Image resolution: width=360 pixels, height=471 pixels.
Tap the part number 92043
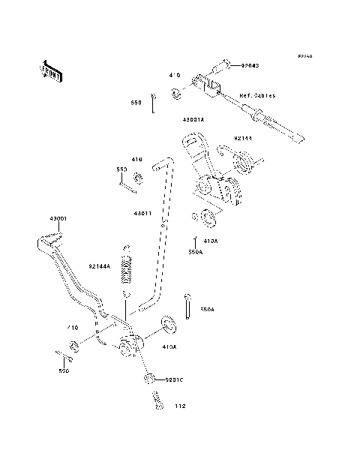coord(250,65)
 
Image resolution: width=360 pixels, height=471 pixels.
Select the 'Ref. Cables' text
coord(257,96)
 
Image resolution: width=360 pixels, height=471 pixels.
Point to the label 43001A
coord(194,119)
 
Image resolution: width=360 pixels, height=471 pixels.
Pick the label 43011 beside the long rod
coord(142,213)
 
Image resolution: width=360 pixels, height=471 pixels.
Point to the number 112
coord(179,407)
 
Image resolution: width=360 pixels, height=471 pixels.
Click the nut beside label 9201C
coord(150,379)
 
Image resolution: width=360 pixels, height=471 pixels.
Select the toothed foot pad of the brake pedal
coord(49,239)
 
